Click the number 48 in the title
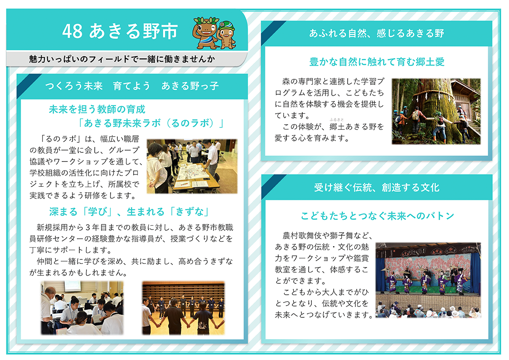73,31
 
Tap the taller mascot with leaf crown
205,33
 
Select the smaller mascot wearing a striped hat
226,35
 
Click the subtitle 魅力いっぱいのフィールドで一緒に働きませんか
122,59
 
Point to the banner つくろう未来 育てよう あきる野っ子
132,86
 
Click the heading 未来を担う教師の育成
97,109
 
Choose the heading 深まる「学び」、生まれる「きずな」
129,212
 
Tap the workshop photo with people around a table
192,166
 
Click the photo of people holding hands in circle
184,308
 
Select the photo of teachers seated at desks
82,308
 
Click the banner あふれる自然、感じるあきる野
377,33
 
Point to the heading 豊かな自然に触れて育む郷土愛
377,62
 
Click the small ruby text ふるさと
337,120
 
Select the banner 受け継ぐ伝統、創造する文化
377,187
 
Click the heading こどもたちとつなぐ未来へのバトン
377,216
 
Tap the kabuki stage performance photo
428,280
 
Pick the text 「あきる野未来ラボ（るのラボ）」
151,123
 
